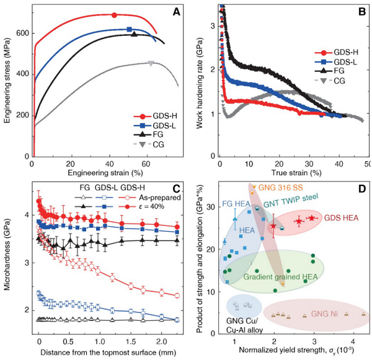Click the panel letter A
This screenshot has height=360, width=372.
pyautogui.click(x=177, y=11)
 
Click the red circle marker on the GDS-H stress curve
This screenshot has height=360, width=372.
pyautogui.click(x=114, y=15)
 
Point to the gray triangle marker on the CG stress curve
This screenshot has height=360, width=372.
pyautogui.click(x=151, y=63)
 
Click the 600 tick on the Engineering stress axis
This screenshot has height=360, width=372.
pyautogui.click(x=24, y=33)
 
